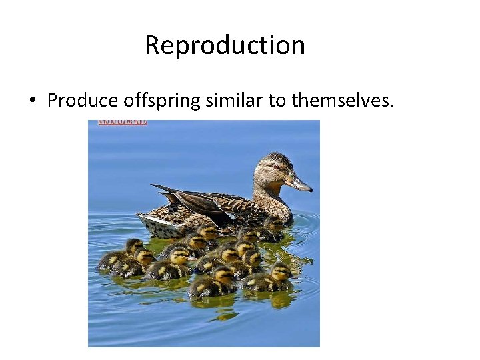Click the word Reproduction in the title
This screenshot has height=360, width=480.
(x=225, y=45)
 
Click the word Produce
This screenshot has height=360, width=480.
(x=84, y=101)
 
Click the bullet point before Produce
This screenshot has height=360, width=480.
(x=32, y=101)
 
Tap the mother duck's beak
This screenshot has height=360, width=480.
(x=299, y=183)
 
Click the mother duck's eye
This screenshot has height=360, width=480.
(x=276, y=166)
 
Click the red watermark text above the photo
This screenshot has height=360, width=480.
(x=123, y=122)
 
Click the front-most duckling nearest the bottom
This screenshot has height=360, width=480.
(x=212, y=285)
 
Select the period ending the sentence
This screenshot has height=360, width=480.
(x=393, y=105)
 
